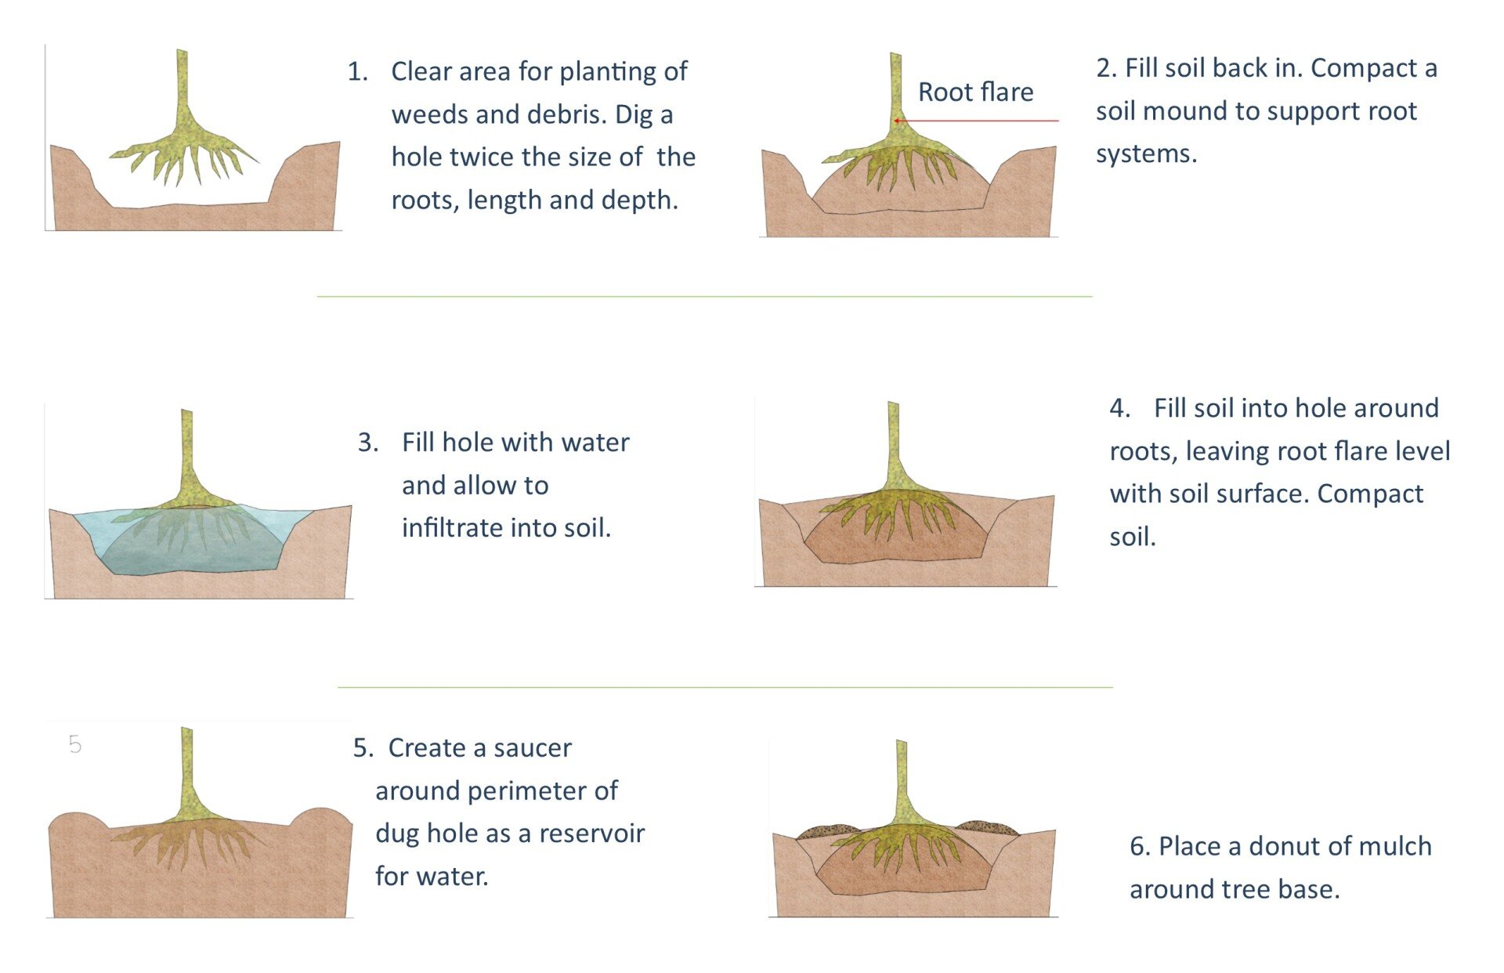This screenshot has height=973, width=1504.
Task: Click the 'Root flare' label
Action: pos(975,92)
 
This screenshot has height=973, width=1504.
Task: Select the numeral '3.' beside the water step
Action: pos(368,443)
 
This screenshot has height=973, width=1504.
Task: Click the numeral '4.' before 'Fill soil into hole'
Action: pos(1119,408)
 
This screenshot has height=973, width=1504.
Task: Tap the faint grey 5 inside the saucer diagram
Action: pos(74,744)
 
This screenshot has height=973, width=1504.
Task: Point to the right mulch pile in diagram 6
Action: pos(986,827)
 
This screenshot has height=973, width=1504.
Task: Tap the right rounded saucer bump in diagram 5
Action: pos(321,818)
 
